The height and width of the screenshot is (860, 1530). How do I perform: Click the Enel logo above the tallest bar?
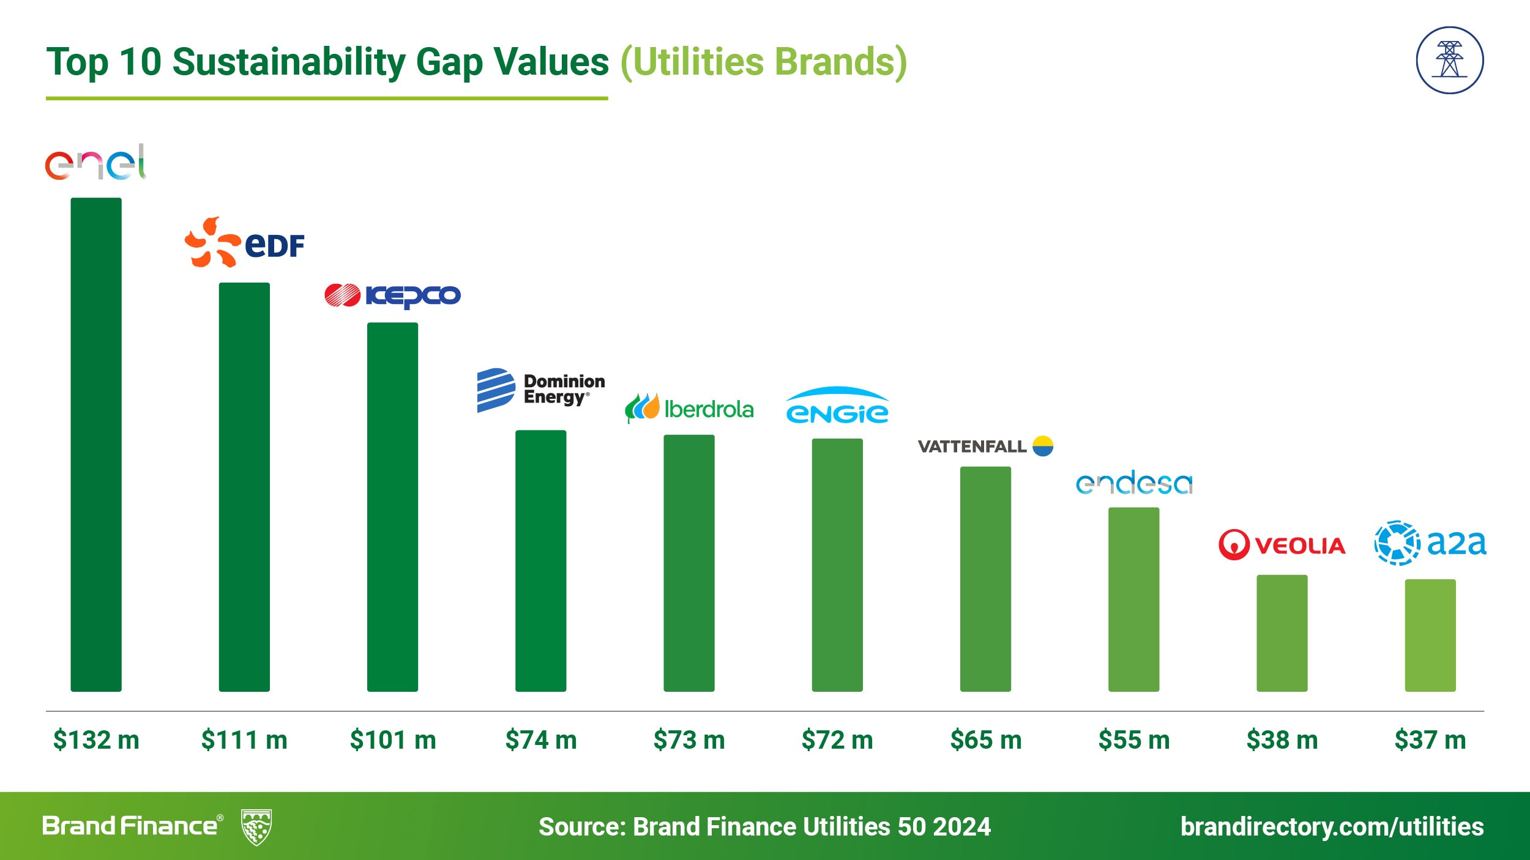(95, 163)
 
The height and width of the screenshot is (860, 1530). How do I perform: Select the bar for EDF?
(244, 486)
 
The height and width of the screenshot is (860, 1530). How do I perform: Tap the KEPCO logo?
(392, 295)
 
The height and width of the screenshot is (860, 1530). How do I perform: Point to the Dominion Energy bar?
(540, 560)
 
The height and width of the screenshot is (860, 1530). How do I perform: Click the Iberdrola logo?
(689, 409)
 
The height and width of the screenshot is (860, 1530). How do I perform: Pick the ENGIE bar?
(837, 565)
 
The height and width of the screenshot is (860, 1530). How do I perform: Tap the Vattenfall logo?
(985, 446)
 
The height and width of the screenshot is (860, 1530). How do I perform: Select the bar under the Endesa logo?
(1133, 599)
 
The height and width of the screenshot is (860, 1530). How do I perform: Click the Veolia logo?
(1282, 544)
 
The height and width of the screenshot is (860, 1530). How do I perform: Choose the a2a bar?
(1430, 635)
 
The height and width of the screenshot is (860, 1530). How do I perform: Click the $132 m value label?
(96, 740)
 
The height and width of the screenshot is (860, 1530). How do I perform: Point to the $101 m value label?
(393, 740)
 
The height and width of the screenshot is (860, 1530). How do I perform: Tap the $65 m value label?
(986, 740)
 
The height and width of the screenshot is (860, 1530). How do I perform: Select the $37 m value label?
(1430, 740)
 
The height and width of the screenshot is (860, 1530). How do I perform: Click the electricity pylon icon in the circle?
(1449, 60)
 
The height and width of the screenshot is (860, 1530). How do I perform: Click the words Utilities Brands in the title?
(764, 62)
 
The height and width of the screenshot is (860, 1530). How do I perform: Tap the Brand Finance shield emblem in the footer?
(256, 827)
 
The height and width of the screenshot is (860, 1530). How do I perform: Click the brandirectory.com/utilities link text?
(1332, 826)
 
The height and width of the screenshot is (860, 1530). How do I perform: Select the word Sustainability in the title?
(289, 62)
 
